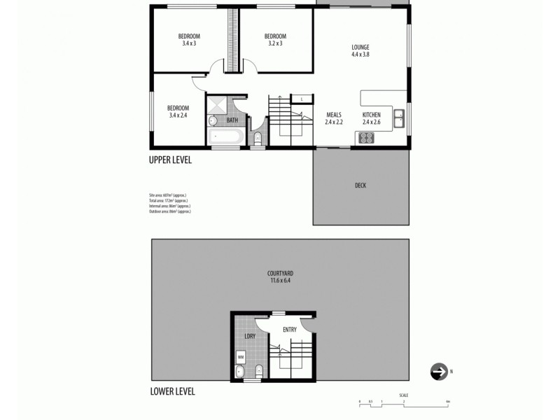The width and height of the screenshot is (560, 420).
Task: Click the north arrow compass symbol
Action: click(x=439, y=371)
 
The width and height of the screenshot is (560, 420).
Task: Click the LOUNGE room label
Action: click(x=360, y=51)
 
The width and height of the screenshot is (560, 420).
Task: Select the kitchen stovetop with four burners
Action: click(x=366, y=138)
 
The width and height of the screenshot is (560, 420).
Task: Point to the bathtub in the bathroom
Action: click(x=225, y=136)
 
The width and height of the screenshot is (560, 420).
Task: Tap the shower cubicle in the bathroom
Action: click(x=217, y=106)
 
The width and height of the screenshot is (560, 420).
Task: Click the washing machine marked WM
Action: click(x=241, y=357)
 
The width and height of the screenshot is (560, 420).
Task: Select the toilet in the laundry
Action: click(x=258, y=370)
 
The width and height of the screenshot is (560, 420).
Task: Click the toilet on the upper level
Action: click(x=257, y=136)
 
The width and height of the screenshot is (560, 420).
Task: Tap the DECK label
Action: click(x=360, y=185)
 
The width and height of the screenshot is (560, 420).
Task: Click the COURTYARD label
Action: click(x=279, y=276)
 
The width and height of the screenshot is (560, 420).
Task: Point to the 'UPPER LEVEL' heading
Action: click(x=170, y=160)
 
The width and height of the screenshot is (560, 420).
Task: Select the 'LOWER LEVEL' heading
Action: click(x=172, y=391)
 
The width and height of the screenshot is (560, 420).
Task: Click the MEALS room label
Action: click(x=332, y=118)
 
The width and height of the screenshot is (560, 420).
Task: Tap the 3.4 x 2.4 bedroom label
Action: click(x=178, y=111)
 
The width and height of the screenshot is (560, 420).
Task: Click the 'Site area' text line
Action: click(x=168, y=194)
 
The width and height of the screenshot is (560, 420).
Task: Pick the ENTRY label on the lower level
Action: click(x=290, y=330)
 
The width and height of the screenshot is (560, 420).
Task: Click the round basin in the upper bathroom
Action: click(x=213, y=121)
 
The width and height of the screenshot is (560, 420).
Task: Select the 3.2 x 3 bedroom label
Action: click(x=275, y=40)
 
